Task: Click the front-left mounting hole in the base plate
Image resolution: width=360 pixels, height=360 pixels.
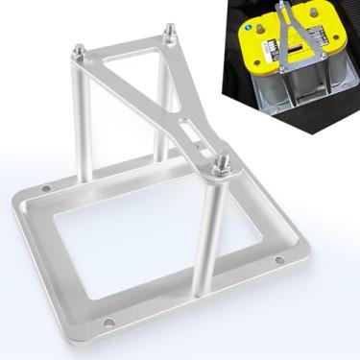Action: pos(109,321)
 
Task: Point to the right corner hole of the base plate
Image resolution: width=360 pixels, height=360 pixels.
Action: pos(279,259)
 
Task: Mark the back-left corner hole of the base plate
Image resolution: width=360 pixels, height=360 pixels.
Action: pos(45,188)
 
